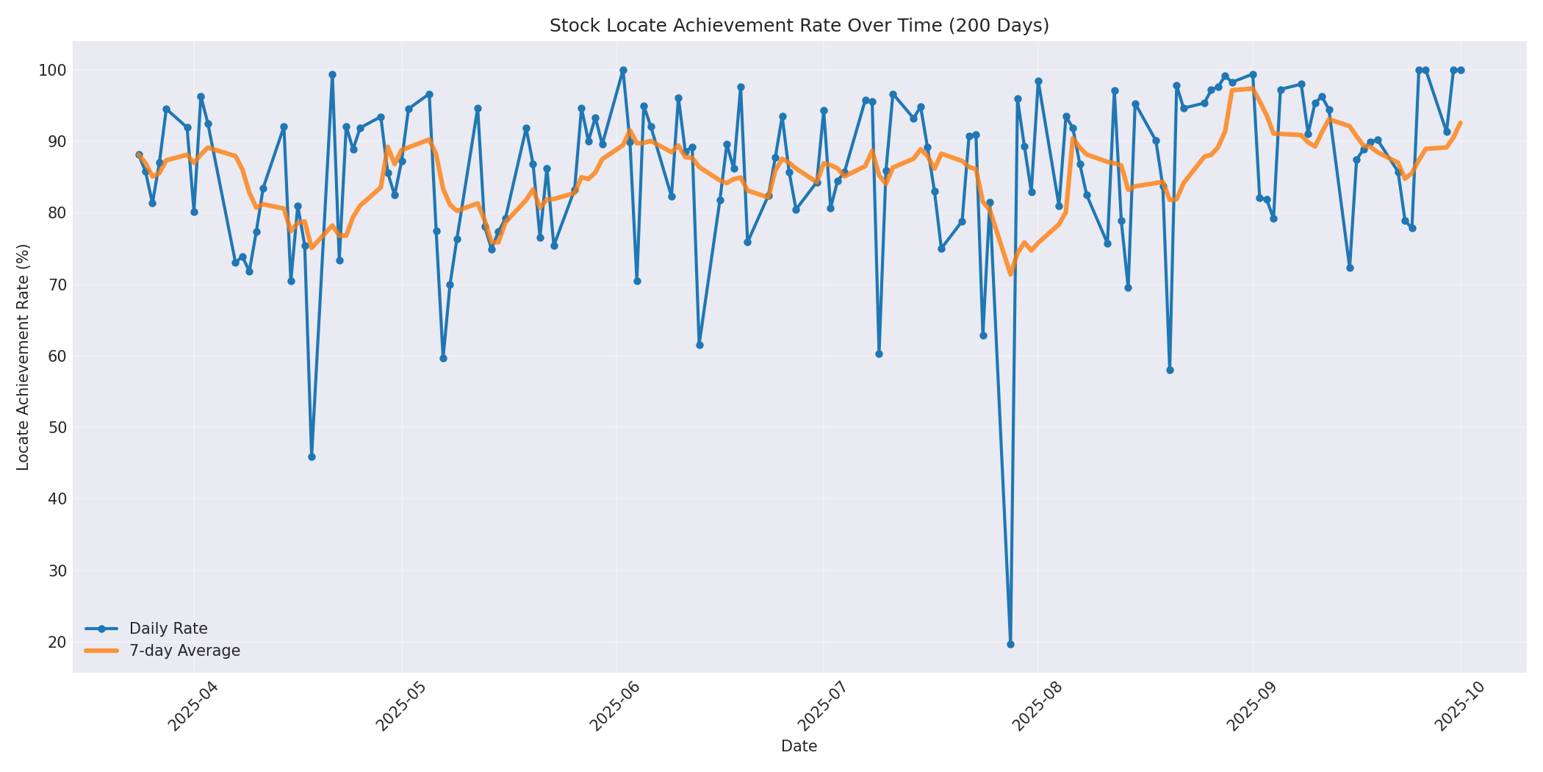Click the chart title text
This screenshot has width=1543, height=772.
799,26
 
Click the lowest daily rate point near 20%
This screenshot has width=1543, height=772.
1010,644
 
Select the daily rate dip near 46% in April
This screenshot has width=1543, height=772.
312,457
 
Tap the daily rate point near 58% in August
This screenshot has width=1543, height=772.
1170,370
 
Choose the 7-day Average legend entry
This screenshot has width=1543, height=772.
184,651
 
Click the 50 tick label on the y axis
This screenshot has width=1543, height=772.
57,428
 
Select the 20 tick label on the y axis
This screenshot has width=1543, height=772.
57,643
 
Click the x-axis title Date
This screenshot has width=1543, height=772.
799,747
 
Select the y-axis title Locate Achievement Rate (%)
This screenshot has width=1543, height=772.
24,357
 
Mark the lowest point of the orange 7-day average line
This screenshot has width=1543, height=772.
1010,274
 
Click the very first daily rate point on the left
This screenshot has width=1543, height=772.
139,155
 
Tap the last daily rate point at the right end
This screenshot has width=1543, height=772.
1461,71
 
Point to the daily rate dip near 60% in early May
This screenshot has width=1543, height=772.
443,358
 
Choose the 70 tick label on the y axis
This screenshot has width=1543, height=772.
57,285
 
